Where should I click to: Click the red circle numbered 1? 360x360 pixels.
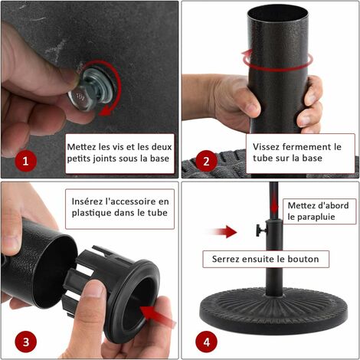26,161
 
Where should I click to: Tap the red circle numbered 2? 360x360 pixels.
206,161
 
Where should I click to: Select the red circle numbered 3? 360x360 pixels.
26,342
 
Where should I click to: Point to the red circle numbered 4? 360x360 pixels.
206,342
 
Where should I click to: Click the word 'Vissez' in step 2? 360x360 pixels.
266,147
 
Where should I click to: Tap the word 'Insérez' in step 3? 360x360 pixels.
87,201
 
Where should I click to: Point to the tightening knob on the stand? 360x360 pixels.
260,231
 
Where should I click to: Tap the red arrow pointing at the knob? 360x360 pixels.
221,231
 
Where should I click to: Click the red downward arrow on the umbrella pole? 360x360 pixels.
274,206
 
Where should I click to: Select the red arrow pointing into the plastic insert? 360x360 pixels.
158,316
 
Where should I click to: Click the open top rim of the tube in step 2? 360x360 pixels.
278,13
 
